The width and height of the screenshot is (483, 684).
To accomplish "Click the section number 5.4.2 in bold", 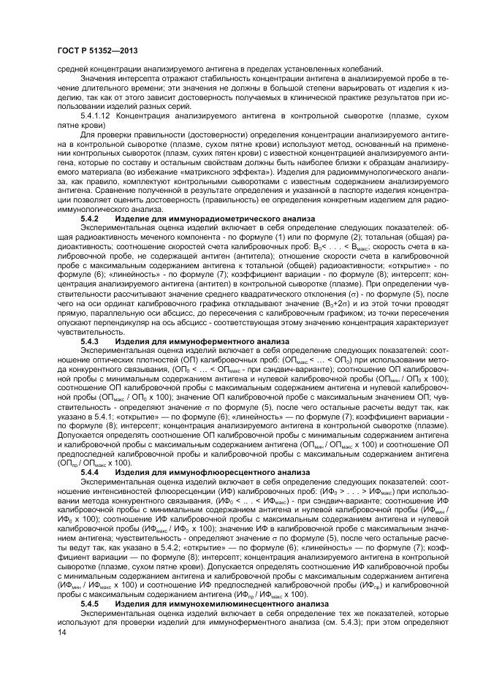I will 89,218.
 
